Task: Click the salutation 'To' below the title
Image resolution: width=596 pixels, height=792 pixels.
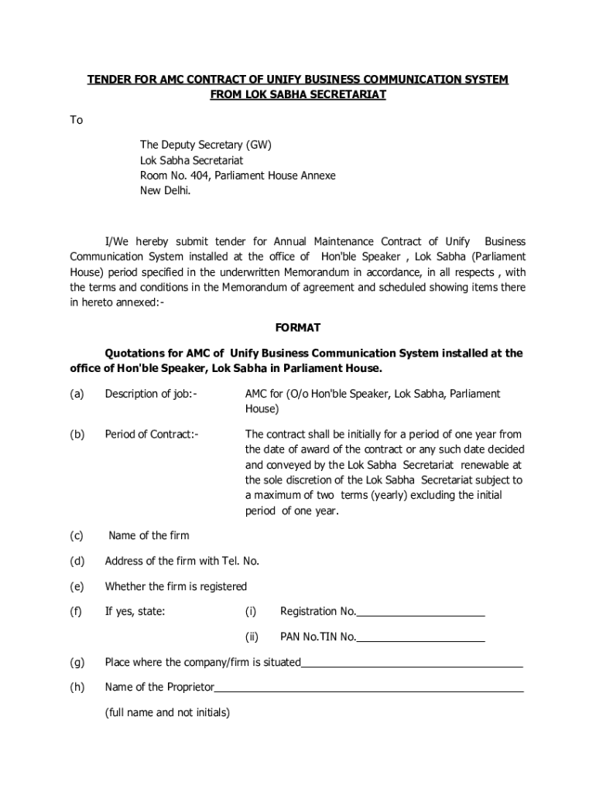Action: pyautogui.click(x=77, y=120)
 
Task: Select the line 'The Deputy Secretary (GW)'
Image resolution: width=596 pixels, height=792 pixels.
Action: pyautogui.click(x=205, y=145)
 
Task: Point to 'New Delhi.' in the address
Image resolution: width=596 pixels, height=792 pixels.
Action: pyautogui.click(x=164, y=191)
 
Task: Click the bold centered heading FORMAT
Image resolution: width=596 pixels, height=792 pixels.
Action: pyautogui.click(x=298, y=328)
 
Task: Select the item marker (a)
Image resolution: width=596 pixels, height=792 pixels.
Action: pyautogui.click(x=77, y=394)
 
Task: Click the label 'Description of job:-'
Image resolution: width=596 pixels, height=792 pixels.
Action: pyautogui.click(x=151, y=394)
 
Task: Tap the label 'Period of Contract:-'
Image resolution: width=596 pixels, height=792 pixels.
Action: pyautogui.click(x=152, y=434)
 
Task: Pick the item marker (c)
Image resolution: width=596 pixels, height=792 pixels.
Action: pyautogui.click(x=77, y=535)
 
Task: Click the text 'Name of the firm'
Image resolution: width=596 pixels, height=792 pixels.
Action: pyautogui.click(x=149, y=535)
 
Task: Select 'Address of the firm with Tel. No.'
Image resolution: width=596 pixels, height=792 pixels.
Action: pyautogui.click(x=182, y=561)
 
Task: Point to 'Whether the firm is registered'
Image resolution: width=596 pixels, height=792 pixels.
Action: pyautogui.click(x=176, y=586)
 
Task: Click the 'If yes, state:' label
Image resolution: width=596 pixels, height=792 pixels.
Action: pyautogui.click(x=135, y=612)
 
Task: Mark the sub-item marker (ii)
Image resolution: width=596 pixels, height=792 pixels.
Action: pyautogui.click(x=252, y=637)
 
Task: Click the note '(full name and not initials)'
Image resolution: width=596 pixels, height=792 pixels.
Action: pyautogui.click(x=167, y=712)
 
